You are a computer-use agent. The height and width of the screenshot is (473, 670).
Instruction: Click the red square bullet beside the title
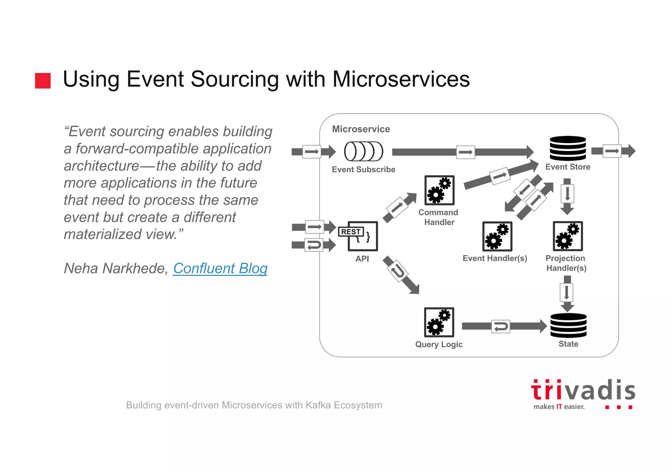pyautogui.click(x=43, y=81)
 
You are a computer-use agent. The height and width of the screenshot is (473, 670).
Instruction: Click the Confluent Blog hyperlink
pyautogui.click(x=220, y=268)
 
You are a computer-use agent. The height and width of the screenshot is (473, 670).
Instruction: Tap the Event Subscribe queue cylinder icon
pyautogui.click(x=363, y=151)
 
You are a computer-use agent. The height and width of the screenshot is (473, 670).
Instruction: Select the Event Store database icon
pyautogui.click(x=568, y=148)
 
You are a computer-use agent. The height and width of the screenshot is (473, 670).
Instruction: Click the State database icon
pyautogui.click(x=568, y=325)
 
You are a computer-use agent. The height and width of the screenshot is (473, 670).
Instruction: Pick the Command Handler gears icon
pyautogui.click(x=439, y=190)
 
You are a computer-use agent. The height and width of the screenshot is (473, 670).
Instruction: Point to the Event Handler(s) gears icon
pyautogui.click(x=497, y=236)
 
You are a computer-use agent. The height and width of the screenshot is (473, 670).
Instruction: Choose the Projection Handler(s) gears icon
pyautogui.click(x=568, y=236)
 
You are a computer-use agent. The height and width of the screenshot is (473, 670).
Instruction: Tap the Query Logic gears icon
pyautogui.click(x=439, y=322)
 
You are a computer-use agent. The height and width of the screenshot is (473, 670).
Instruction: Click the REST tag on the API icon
pyautogui.click(x=351, y=232)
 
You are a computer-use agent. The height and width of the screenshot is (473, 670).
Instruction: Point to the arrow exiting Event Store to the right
pyautogui.click(x=612, y=151)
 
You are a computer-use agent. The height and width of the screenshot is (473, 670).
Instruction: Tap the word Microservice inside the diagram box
pyautogui.click(x=361, y=129)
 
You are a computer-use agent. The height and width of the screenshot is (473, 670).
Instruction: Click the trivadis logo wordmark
pyautogui.click(x=583, y=391)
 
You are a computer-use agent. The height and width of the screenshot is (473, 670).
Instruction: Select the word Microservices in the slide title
pyautogui.click(x=401, y=79)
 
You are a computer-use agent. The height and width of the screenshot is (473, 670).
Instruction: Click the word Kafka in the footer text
pyautogui.click(x=317, y=405)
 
